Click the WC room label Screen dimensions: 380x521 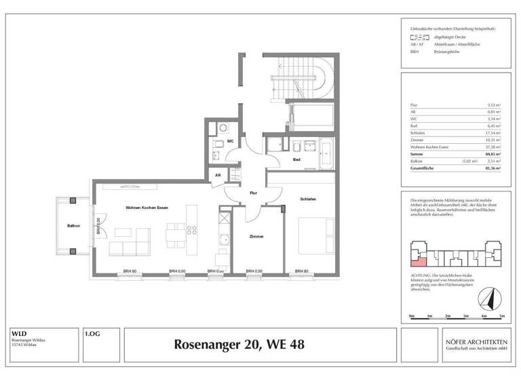coord(231,141)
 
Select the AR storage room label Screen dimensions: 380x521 coord(218,175)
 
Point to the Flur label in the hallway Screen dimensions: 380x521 coord(253,193)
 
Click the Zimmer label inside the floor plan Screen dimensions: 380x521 coord(256,236)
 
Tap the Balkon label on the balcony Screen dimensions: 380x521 coord(73,226)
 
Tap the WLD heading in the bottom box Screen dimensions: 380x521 coord(19,334)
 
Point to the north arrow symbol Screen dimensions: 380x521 coord(486,297)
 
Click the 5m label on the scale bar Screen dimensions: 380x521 coord(501,316)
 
